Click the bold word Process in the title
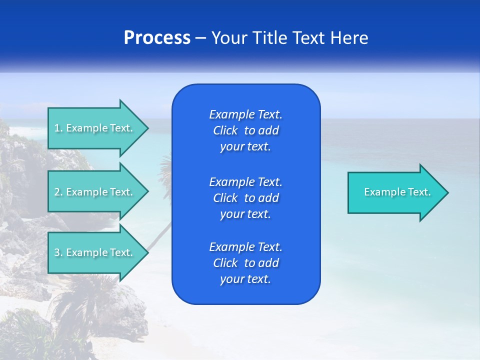pyautogui.click(x=157, y=38)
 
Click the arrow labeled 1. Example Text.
pyautogui.click(x=95, y=128)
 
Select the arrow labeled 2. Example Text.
pyautogui.click(x=95, y=192)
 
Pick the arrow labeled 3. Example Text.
pyautogui.click(x=95, y=252)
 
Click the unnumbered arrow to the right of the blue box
pyautogui.click(x=395, y=192)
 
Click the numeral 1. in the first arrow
pyautogui.click(x=58, y=128)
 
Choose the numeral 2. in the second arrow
pyautogui.click(x=58, y=192)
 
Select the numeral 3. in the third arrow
pyautogui.click(x=58, y=252)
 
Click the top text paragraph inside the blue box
pyautogui.click(x=245, y=130)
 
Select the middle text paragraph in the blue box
pyautogui.click(x=245, y=197)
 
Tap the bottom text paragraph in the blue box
pyautogui.click(x=245, y=263)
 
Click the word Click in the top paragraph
pyautogui.click(x=225, y=130)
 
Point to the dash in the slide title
pyautogui.click(x=200, y=38)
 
